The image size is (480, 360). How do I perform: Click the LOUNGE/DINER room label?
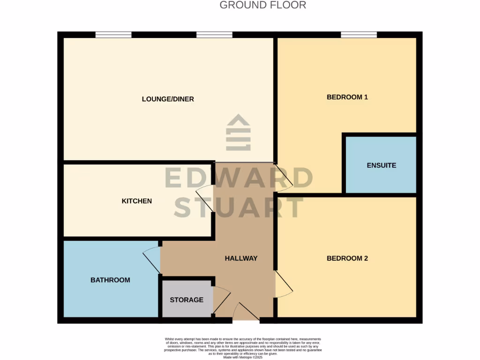(x=168, y=99)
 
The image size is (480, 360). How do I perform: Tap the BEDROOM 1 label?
(x=347, y=97)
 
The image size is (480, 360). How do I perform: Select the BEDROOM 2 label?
(x=347, y=258)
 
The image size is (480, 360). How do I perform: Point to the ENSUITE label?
(x=381, y=165)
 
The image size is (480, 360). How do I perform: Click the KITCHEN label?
(x=137, y=201)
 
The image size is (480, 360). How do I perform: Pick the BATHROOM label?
(x=110, y=280)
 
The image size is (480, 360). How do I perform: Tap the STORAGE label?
(x=187, y=300)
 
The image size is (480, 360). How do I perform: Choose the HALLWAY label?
(x=241, y=258)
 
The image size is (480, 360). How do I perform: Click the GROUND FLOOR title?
(x=262, y=5)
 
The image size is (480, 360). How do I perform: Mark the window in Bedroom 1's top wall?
(x=359, y=34)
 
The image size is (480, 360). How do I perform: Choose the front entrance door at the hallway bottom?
(x=245, y=312)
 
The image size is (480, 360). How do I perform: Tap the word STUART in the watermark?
(x=239, y=208)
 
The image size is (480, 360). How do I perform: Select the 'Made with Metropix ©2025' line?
(x=243, y=357)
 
